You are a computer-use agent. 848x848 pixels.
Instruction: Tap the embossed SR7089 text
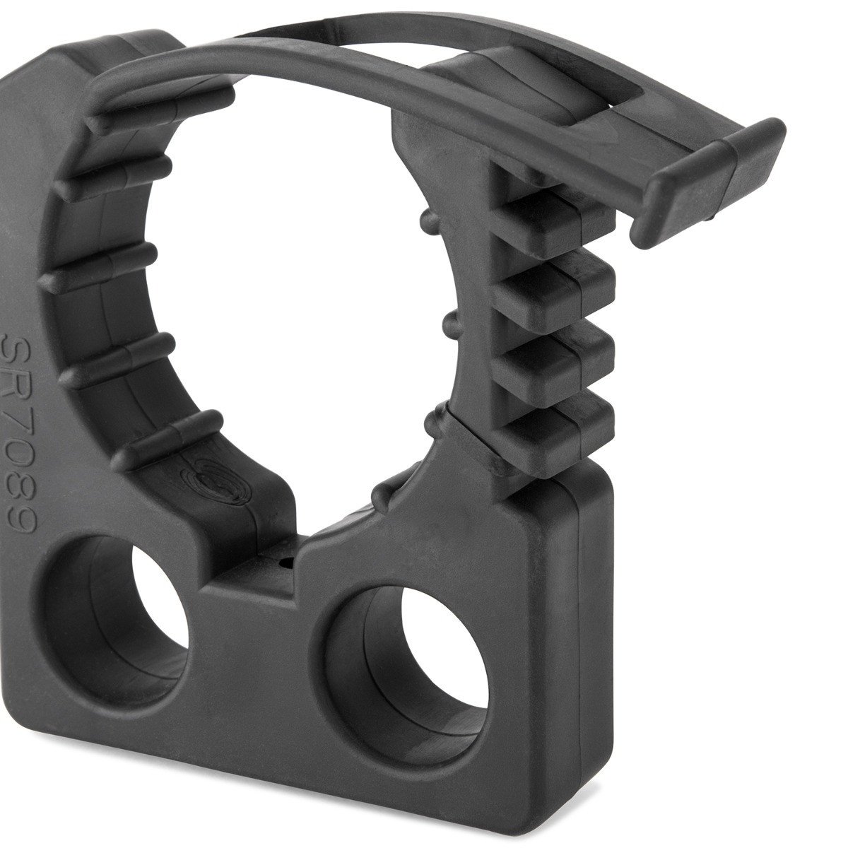20,433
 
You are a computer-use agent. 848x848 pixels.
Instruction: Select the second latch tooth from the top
555,288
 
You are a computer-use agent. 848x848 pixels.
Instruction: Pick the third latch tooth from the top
555,361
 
